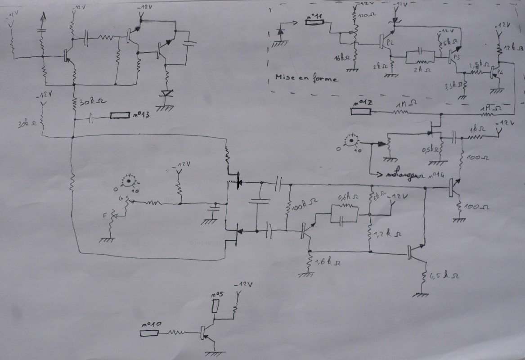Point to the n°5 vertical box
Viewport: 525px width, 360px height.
(x=216, y=306)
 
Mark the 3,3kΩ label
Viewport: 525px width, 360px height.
(x=453, y=85)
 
